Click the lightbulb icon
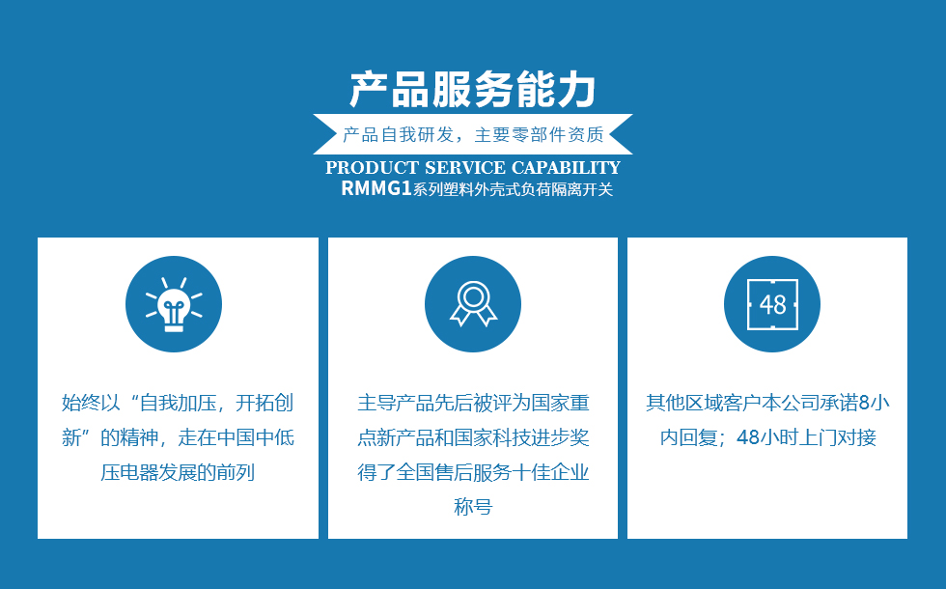pos(174,304)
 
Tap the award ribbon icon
pos(473,304)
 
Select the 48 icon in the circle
pos(772,304)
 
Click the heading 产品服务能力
pos(473,89)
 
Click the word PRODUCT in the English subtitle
pos(373,168)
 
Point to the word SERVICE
pos(465,168)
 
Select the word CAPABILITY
pos(566,168)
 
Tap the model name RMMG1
pos(376,188)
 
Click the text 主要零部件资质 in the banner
pos(540,134)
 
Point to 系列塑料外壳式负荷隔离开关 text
pos(513,189)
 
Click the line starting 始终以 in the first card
pos(178,403)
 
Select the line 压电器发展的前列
pos(178,472)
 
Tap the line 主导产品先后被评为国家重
pos(473,403)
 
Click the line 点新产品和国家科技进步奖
pos(473,437)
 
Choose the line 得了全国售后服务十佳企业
pos(473,472)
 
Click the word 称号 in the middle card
pos(473,506)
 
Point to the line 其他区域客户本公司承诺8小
pos(767,403)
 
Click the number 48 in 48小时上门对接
pos(748,437)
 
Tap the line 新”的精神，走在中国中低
pos(178,437)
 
